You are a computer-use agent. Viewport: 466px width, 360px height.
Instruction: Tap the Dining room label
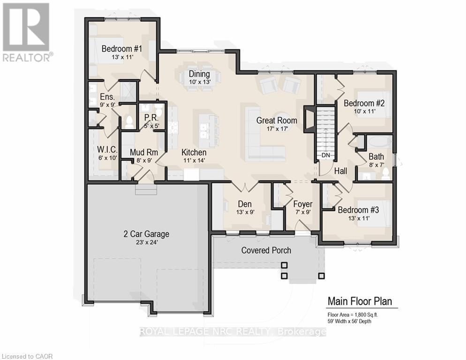199,74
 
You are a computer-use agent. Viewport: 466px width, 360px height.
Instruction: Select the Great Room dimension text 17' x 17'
276,129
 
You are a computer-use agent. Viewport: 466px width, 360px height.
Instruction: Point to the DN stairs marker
325,155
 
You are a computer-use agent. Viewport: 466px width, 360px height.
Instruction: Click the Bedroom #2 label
364,103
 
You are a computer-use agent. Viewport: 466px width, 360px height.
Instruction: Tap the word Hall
341,171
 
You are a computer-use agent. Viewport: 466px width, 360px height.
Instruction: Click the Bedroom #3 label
358,210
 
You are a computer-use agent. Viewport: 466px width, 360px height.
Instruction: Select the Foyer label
302,204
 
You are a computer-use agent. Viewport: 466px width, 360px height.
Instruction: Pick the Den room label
245,204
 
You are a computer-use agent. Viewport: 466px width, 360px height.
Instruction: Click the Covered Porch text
266,250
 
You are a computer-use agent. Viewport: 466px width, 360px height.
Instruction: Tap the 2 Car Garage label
147,234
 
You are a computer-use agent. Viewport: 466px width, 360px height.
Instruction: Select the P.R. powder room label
150,117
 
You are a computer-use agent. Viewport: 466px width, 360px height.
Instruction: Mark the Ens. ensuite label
107,97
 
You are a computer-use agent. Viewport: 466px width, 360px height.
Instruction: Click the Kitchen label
194,152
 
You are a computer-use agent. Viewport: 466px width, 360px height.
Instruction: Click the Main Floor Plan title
359,301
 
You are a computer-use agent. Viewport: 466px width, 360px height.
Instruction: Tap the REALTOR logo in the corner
26,32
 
